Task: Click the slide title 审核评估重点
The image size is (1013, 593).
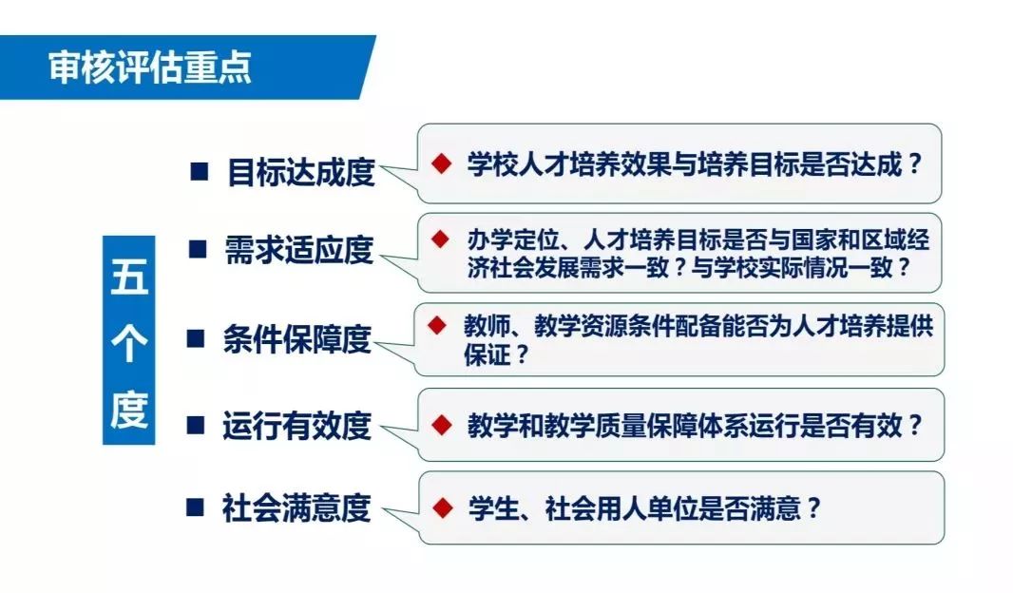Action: coord(150,67)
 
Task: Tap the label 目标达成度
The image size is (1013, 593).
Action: coord(301,172)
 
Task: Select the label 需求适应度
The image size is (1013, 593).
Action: coord(299,250)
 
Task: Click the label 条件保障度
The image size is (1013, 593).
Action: coord(297,339)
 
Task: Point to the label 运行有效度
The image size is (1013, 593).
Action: coord(297,426)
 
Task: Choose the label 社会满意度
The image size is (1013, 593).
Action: coord(297,507)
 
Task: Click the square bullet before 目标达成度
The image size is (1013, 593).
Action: coord(200,172)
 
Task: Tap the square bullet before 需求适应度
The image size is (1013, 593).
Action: coord(198,249)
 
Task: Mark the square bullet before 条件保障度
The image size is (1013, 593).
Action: coord(196,338)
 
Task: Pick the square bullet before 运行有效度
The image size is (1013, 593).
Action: coord(196,425)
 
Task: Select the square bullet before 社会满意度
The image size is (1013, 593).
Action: coord(195,507)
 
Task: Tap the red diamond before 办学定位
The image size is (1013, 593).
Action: coord(441,239)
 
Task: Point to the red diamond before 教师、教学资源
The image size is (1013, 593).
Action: coord(437,325)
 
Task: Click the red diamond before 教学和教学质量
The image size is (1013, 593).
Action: coord(442,425)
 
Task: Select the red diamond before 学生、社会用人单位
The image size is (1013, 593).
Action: coord(443,507)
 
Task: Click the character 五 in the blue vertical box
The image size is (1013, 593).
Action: coord(129,277)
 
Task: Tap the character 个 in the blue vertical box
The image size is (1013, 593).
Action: coord(129,342)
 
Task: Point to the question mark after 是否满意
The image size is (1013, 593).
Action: coord(813,508)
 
